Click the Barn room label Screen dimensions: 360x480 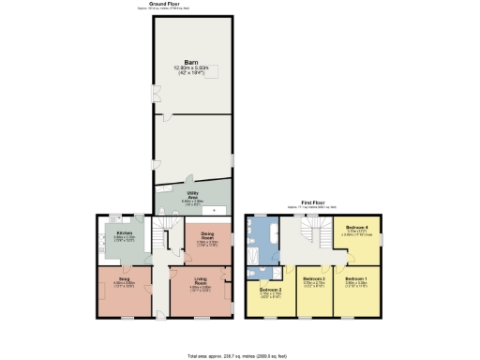(x=193, y=63)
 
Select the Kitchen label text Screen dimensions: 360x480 (x=124, y=232)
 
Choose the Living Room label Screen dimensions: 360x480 (x=201, y=278)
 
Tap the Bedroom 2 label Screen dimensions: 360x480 (x=271, y=290)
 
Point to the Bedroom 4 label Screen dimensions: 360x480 (x=355, y=228)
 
